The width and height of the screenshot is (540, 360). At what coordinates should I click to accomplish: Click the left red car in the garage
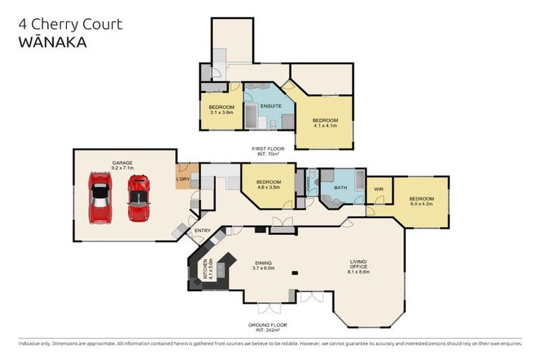pos(100,197)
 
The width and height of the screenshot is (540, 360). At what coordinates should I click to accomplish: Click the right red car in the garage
pos(138,198)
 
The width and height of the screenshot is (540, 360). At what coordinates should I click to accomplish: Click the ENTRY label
pos(202,230)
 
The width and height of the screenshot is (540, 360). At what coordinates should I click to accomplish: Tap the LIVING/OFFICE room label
pos(359,265)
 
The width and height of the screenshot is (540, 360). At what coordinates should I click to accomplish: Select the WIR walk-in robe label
pos(378,188)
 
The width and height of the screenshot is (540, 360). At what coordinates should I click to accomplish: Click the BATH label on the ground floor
pos(341,188)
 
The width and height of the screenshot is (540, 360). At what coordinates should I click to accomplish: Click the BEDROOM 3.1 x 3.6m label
pos(221,110)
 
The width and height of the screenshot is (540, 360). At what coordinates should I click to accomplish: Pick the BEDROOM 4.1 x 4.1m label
pos(325,122)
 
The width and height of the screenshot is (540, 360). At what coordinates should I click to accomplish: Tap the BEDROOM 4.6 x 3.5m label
pos(269,185)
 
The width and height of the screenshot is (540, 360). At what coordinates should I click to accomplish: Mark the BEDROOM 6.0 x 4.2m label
pos(422,201)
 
